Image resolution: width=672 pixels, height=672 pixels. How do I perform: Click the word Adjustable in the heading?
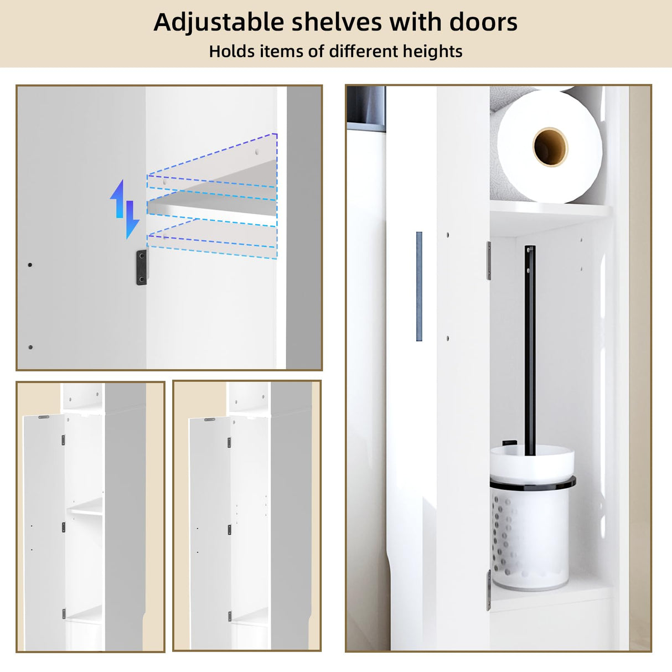click(x=218, y=23)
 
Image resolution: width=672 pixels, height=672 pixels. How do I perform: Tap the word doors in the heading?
click(x=483, y=23)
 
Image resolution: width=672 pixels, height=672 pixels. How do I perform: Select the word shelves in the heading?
click(x=337, y=23)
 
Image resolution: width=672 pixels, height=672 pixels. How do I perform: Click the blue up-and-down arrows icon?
click(x=125, y=209)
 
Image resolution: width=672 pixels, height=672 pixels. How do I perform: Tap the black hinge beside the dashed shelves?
click(x=142, y=267)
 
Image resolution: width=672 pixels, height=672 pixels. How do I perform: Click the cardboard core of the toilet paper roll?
click(x=550, y=147)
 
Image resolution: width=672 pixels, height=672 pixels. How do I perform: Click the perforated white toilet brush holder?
click(x=530, y=537)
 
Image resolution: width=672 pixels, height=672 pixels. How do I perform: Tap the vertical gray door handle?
click(x=419, y=286)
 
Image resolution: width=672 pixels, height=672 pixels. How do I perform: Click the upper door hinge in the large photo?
click(x=489, y=261)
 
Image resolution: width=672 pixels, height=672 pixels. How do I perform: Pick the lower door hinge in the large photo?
click(x=489, y=590)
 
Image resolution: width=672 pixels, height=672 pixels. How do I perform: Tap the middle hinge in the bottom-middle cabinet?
click(x=229, y=530)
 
